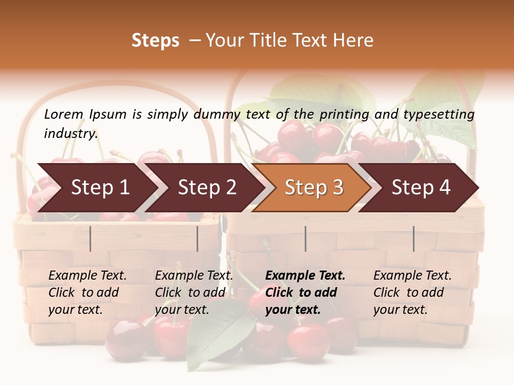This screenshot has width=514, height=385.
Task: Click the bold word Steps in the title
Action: point(155,41)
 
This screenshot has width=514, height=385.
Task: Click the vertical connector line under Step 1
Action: point(90,238)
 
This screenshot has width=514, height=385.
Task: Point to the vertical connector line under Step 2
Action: point(198,238)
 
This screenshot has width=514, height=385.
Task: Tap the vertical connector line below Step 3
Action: point(305,238)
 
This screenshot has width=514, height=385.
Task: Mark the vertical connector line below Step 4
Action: point(413,238)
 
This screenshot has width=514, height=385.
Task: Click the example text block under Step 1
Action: point(87,292)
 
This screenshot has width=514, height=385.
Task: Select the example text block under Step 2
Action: point(194,292)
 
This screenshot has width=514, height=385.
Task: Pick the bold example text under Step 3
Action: point(305,292)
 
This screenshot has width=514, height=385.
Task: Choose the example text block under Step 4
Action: point(412,292)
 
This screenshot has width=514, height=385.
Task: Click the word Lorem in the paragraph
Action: point(64,114)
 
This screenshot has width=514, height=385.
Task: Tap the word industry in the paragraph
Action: point(70,134)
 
